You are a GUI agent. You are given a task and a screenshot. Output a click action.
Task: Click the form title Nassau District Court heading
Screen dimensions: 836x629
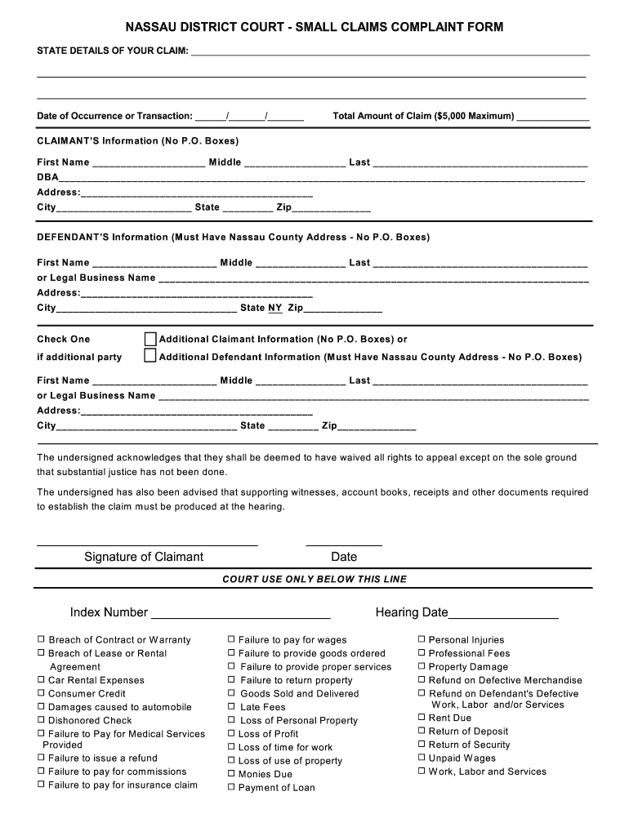[314, 27]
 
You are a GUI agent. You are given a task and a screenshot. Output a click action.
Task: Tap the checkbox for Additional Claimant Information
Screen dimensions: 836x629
[150, 339]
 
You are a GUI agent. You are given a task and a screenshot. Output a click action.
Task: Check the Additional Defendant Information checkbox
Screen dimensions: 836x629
[150, 356]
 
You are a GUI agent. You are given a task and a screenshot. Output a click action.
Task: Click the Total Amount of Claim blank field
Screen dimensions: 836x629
[553, 117]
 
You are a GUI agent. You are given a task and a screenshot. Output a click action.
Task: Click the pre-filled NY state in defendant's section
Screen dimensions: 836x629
[274, 308]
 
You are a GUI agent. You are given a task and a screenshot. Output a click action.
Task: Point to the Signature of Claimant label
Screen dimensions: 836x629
[144, 557]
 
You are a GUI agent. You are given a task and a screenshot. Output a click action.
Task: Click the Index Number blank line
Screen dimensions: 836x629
[240, 614]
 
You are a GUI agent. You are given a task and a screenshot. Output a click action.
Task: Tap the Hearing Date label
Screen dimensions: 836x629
[412, 612]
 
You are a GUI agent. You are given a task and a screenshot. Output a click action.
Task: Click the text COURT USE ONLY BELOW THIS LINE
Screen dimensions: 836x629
[314, 579]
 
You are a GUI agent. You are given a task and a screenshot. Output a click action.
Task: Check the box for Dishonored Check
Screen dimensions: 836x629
[41, 720]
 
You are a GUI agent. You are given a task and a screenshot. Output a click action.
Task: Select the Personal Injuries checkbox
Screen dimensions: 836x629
[422, 640]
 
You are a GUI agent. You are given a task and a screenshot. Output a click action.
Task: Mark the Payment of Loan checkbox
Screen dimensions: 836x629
[231, 787]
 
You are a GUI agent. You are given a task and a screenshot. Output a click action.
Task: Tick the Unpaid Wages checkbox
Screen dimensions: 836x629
[422, 758]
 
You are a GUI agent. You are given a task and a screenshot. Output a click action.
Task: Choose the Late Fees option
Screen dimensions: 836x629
[231, 706]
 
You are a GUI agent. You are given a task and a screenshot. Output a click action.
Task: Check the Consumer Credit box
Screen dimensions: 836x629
[41, 693]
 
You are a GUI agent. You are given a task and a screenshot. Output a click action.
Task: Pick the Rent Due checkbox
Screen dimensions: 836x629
[422, 718]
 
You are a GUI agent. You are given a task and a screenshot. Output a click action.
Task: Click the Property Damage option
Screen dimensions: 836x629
[422, 666]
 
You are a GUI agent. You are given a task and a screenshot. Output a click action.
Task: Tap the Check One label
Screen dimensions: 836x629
[64, 339]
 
